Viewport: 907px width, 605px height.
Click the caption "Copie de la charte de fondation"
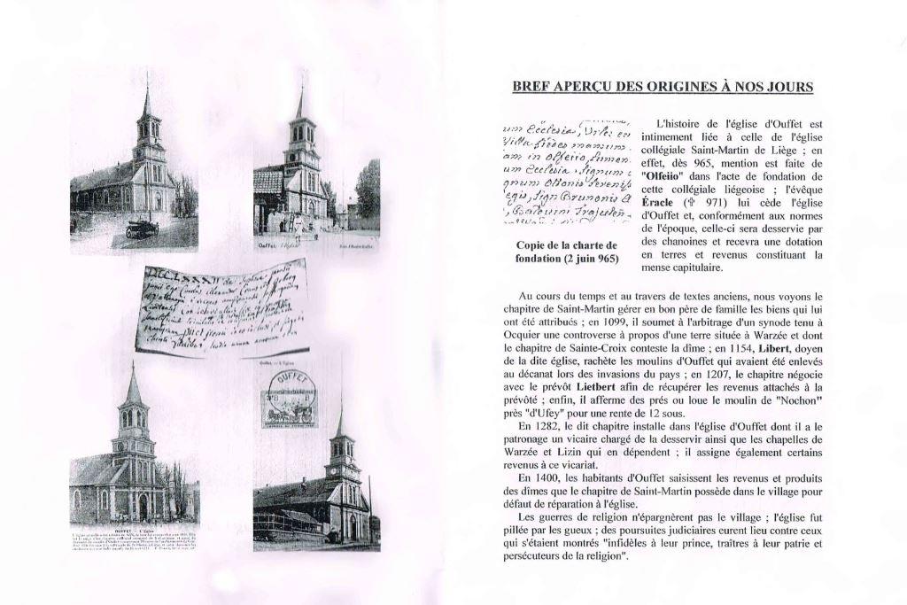pyautogui.click(x=566, y=252)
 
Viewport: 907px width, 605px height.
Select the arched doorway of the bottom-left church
pyautogui.click(x=142, y=508)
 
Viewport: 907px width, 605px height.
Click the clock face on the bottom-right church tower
pyautogui.click(x=341, y=471)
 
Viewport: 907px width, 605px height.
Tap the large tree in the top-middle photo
pyautogui.click(x=368, y=190)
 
